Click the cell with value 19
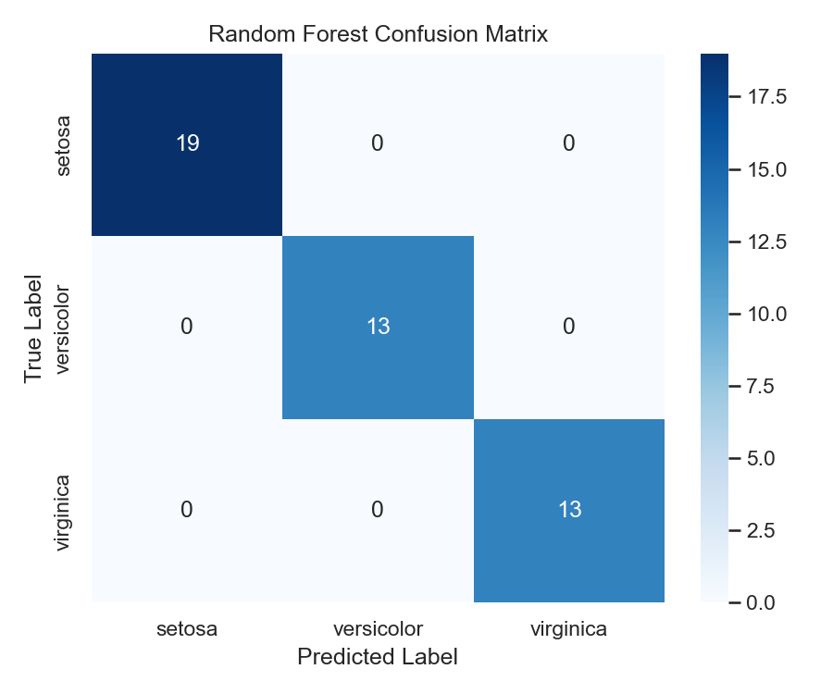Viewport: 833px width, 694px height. (187, 144)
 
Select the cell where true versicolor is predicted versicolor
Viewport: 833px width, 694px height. (378, 327)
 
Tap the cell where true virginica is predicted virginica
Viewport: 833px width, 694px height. (568, 510)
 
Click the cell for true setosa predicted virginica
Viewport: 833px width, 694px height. (568, 144)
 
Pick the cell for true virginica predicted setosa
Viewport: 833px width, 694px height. (187, 510)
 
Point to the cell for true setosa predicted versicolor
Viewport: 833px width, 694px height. (378, 144)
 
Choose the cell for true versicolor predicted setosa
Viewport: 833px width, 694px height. (187, 327)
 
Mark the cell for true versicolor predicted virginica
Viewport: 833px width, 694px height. (568, 327)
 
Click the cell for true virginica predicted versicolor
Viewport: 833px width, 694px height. (378, 510)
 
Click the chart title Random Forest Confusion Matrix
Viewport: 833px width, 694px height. (378, 35)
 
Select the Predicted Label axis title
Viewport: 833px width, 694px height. (378, 658)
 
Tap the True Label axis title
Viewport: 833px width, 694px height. (34, 328)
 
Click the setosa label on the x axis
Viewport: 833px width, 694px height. (187, 629)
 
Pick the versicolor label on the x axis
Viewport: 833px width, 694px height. (378, 629)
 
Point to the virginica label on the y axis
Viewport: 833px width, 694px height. (63, 510)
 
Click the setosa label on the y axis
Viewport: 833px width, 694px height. (63, 144)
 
